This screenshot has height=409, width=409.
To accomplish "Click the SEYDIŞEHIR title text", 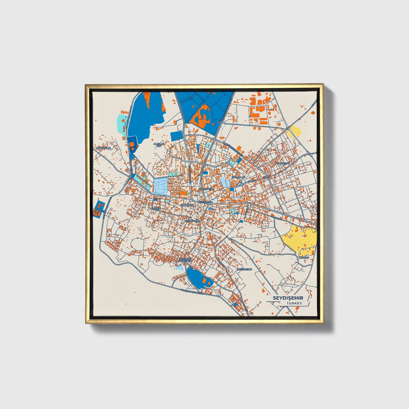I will point(288,298).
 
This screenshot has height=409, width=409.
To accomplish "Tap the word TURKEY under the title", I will point(294,303).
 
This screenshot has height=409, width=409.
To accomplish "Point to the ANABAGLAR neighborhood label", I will point(104,148).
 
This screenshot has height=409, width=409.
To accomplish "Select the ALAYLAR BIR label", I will point(159,145).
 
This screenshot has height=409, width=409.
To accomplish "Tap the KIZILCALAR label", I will point(238,177).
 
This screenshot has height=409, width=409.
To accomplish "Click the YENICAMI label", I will point(155,209).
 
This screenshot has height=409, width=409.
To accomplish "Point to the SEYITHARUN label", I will point(192,220).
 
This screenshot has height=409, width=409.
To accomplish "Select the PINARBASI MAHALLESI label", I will point(185,260).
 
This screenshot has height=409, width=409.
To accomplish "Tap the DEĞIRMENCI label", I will point(245,269).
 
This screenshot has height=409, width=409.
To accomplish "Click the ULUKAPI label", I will point(304,258).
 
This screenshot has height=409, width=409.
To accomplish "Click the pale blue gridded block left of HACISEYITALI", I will point(160,186).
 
